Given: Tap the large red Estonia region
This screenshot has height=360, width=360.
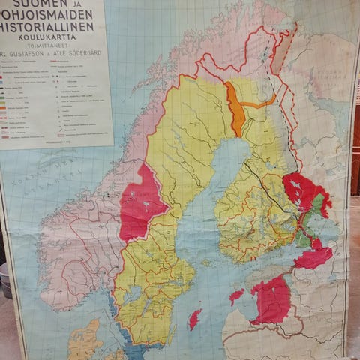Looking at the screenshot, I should [271, 298].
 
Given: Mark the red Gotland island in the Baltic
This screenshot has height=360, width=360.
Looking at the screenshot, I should [195, 319].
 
